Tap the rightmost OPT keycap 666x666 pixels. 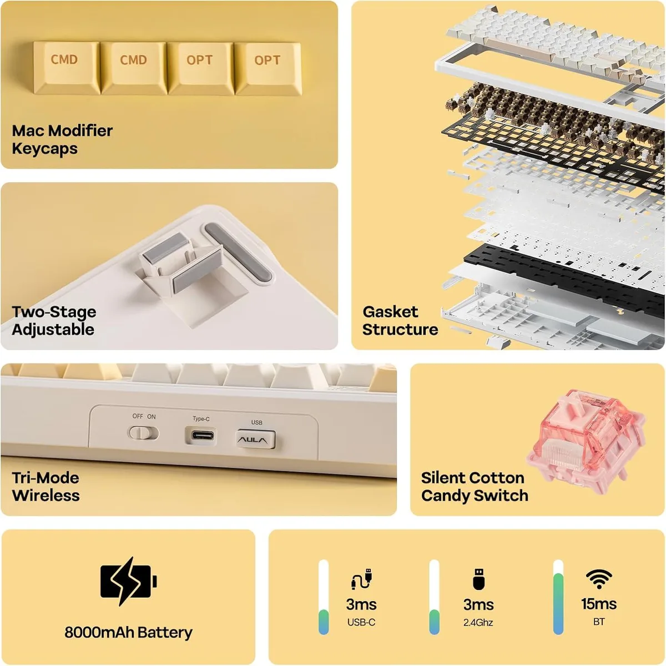(268, 68)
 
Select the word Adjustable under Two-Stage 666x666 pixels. (53, 329)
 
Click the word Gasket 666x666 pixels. (390, 312)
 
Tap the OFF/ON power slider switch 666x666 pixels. (144, 433)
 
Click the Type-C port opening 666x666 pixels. (201, 435)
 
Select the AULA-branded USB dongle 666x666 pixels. (256, 440)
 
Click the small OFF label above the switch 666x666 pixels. (138, 416)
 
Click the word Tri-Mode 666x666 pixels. (46, 478)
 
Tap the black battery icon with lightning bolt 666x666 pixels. (129, 581)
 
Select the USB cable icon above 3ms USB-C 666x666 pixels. (361, 578)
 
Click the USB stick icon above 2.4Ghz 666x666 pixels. (478, 578)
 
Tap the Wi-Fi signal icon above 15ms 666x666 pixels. (599, 579)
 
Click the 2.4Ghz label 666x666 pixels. (478, 623)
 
